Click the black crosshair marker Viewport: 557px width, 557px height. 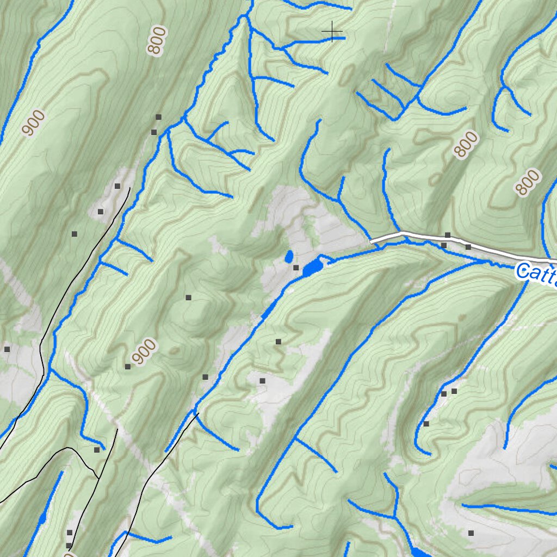[332, 33]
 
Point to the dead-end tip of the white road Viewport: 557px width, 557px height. [372, 240]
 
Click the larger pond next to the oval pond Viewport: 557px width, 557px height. [312, 267]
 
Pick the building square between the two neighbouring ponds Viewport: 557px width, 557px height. [296, 268]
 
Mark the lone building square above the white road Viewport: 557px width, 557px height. [448, 234]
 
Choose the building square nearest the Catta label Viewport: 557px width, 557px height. [468, 247]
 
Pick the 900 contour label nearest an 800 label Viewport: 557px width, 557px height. [34, 123]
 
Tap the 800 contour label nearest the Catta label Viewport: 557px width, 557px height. [528, 182]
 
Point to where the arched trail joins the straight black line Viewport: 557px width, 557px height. [98, 479]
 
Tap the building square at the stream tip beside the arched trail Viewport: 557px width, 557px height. [97, 450]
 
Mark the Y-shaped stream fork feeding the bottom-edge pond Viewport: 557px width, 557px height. [394, 515]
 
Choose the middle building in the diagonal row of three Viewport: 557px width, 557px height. [100, 212]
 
